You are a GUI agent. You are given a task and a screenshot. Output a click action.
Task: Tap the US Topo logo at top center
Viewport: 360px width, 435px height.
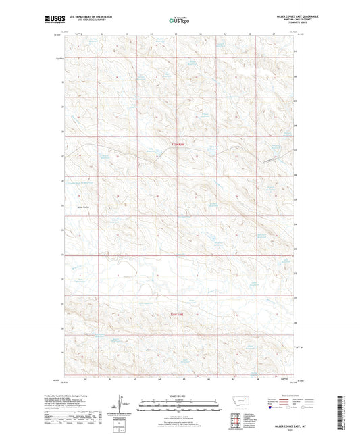coord(179,20)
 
